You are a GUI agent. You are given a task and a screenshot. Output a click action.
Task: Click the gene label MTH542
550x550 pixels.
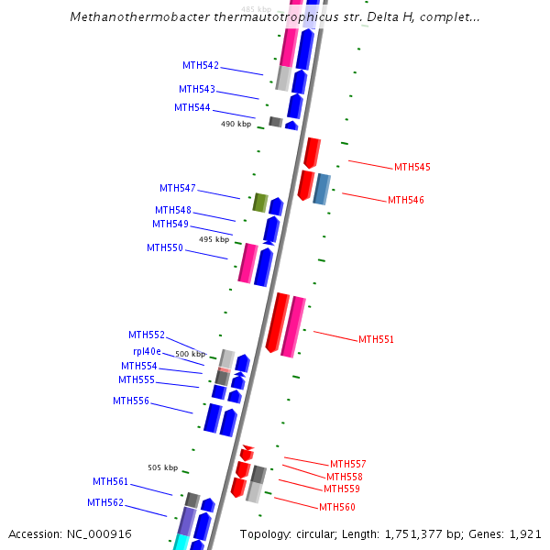tap(200, 65)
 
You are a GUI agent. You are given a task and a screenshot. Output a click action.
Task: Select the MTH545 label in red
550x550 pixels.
tap(412, 167)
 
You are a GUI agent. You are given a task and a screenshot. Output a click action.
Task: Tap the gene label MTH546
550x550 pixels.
tap(405, 200)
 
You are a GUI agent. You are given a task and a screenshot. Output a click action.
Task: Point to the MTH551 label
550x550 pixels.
tap(376, 339)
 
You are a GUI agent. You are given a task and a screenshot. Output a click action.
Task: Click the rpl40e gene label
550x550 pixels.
tap(147, 351)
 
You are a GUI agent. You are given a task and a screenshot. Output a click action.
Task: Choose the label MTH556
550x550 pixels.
tap(130, 401)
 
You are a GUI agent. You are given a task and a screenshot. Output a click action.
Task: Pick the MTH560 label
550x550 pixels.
tap(336, 507)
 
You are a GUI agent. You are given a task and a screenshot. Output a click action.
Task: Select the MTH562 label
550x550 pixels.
tap(104, 502)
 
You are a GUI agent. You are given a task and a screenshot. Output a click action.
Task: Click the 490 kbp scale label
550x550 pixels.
tap(236, 124)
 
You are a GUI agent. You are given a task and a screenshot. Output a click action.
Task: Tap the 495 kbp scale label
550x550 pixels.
tap(214, 239)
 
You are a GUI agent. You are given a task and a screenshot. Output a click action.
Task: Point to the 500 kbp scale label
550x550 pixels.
tap(191, 354)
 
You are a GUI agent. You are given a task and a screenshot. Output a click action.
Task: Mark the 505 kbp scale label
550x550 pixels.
tap(163, 467)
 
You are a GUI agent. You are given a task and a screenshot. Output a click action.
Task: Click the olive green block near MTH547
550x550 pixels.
tap(259, 203)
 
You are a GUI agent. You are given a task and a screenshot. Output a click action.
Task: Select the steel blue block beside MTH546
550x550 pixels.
tap(321, 188)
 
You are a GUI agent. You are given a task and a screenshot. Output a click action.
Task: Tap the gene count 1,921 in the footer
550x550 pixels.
tap(525, 533)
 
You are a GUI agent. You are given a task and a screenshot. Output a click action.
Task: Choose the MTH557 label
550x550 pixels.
tap(347, 464)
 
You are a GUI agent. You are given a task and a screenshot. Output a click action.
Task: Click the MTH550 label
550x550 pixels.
tap(164, 247)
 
